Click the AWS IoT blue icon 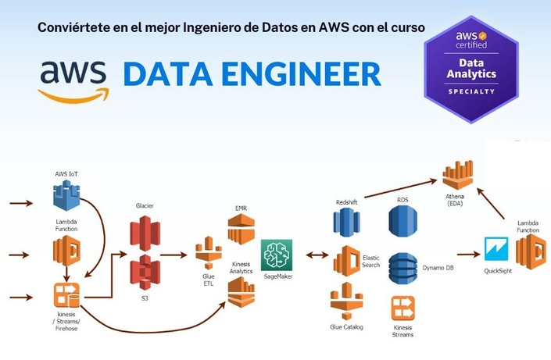point(66,195)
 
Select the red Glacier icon point(145,233)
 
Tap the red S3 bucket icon point(145,273)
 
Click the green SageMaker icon point(277,255)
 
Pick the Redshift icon point(346,223)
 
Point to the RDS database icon point(403,221)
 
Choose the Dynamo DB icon point(403,268)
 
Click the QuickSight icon point(496,249)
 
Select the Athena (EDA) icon point(457,175)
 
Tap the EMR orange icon point(241,229)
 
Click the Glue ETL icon point(209,252)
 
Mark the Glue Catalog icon point(346,301)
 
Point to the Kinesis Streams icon point(403,308)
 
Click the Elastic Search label point(370,262)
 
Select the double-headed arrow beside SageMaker point(317,255)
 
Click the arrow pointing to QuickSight point(469,255)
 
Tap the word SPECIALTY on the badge point(471,91)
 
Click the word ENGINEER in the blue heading point(301,74)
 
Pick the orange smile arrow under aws point(73,95)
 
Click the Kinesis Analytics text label point(241,268)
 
